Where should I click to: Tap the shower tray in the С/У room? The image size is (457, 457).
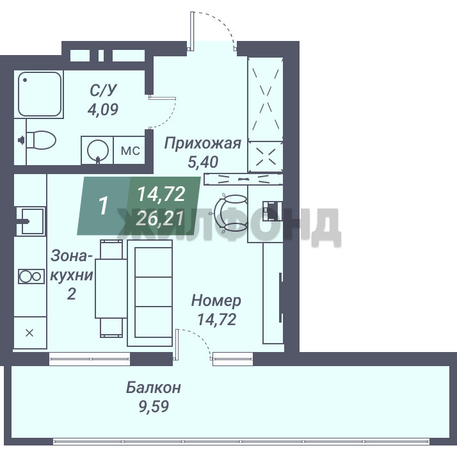click(40, 94)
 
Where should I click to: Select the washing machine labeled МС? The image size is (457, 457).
click(130, 150)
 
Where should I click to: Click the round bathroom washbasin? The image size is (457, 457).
click(98, 150)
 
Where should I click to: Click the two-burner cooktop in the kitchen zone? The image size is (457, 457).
click(31, 277)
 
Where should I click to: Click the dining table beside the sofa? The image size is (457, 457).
click(111, 289)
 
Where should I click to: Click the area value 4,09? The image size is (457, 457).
click(103, 109)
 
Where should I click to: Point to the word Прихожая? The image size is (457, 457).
click(202, 143)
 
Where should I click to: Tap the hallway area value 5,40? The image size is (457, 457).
click(203, 162)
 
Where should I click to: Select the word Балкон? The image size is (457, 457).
click(154, 388)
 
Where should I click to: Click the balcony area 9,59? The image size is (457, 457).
click(154, 406)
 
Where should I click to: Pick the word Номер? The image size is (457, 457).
click(216, 300)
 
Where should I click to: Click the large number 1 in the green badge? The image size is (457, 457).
click(103, 206)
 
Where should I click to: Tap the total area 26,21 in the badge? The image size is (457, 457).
click(160, 219)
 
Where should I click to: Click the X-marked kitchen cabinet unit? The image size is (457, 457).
click(30, 333)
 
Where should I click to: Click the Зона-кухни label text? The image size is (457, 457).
click(72, 275)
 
